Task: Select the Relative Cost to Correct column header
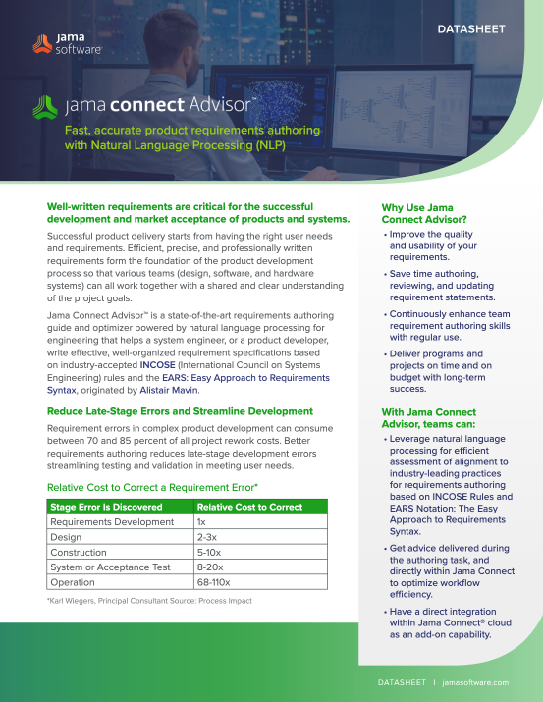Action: click(x=247, y=507)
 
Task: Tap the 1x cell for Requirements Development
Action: click(x=202, y=523)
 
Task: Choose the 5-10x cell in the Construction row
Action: click(x=209, y=553)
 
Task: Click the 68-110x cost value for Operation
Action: click(x=215, y=582)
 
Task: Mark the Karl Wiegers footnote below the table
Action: click(x=149, y=601)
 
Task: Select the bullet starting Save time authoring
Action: click(x=440, y=285)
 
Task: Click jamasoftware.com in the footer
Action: click(x=475, y=681)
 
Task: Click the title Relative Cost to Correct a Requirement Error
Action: click(x=152, y=487)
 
